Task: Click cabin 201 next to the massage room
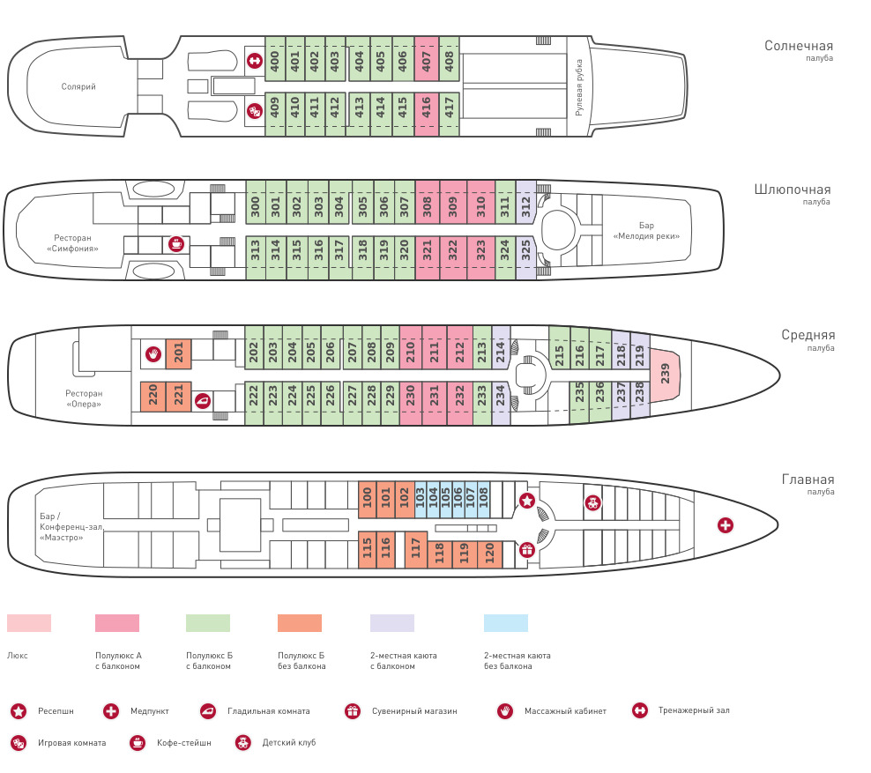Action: click(178, 354)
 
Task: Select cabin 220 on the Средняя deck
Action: click(153, 397)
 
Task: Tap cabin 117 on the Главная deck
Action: click(414, 550)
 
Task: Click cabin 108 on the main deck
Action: click(483, 501)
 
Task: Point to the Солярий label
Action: click(78, 86)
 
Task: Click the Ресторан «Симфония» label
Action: click(72, 243)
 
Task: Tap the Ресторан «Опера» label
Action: click(84, 398)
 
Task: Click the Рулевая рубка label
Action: click(579, 87)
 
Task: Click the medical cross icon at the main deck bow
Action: click(726, 525)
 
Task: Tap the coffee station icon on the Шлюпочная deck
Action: click(175, 244)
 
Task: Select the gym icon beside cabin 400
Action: click(254, 61)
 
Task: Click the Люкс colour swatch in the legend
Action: click(29, 623)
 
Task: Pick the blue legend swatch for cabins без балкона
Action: click(506, 623)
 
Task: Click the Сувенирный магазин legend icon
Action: click(353, 710)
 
